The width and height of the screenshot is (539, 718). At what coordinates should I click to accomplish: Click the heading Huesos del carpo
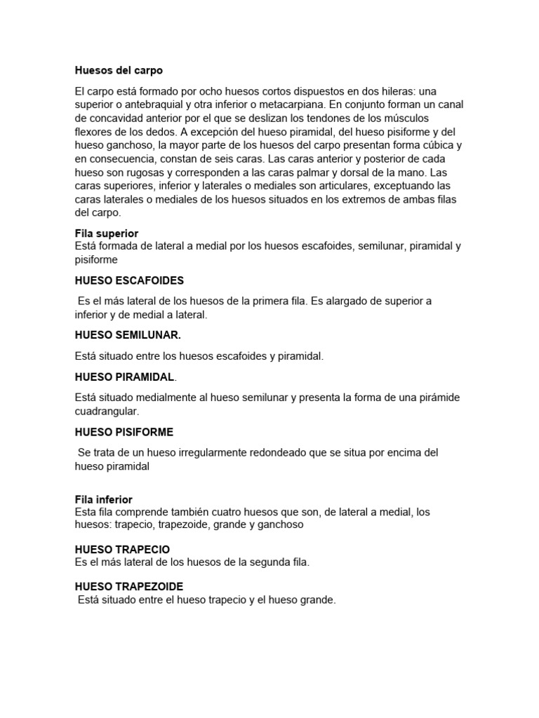coord(119,71)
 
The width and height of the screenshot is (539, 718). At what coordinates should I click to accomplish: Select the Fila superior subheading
coord(106,233)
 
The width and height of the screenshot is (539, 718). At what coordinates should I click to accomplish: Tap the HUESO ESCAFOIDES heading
coord(129,280)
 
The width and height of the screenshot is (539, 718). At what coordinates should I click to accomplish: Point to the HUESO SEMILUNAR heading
coord(133,335)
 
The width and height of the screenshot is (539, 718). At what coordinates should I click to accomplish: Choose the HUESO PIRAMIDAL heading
coord(124,377)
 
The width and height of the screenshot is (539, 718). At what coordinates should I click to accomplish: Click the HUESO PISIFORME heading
coord(124,432)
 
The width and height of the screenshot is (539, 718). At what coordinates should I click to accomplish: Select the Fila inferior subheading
coord(103,499)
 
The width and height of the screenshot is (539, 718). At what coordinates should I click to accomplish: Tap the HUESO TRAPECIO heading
coord(122,549)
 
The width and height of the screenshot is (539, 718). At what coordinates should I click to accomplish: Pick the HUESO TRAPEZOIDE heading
coord(129,586)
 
